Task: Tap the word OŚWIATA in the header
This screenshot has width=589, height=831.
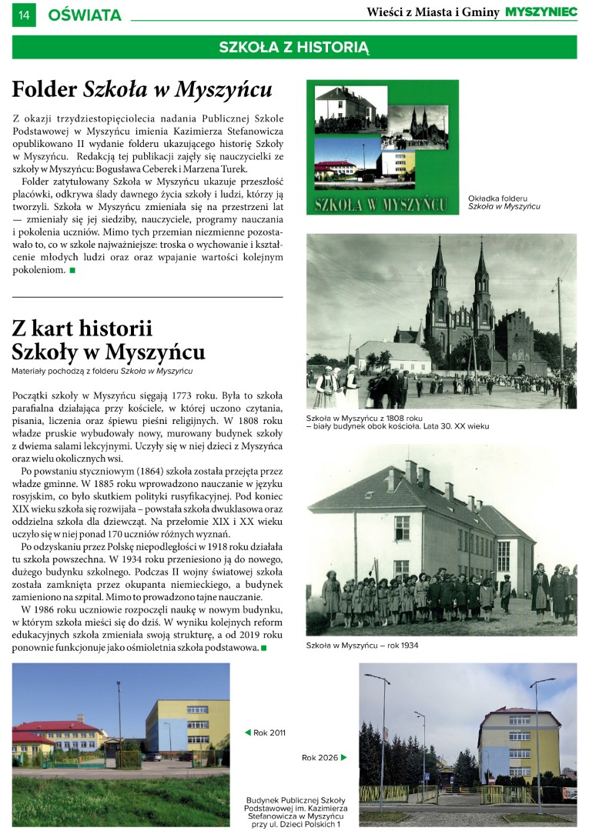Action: coord(85,15)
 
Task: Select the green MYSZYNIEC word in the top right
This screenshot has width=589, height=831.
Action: coord(540,12)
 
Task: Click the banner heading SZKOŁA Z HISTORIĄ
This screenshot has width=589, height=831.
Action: coord(294,47)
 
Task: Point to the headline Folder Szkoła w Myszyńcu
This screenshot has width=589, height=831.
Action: coord(142,90)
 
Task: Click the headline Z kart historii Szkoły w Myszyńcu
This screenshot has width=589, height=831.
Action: coord(109,340)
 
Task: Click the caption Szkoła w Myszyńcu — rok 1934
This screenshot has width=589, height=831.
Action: coord(362,645)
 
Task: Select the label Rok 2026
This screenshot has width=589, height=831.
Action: coord(320,758)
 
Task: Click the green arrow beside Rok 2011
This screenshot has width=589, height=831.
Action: coord(248,733)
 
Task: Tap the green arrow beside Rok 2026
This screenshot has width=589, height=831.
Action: coord(343,758)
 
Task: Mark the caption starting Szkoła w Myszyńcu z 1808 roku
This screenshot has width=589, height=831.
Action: coord(397,422)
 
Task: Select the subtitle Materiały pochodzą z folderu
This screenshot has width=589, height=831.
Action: coord(102,371)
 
